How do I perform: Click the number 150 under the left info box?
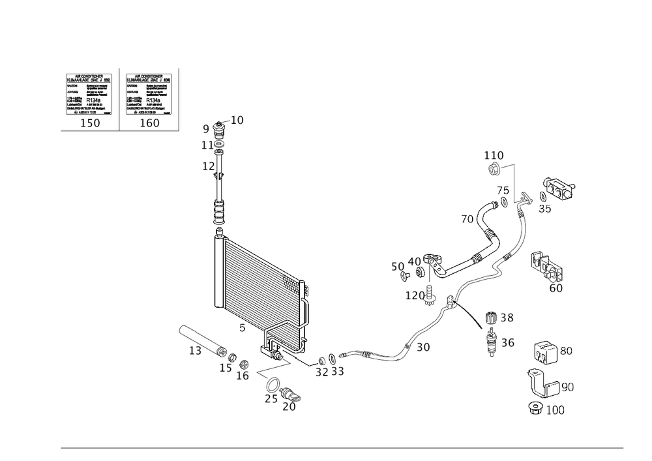[90, 123]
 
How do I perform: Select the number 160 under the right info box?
[149, 123]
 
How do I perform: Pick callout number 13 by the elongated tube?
[194, 351]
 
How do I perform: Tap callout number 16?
[243, 376]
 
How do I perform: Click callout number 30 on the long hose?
[424, 348]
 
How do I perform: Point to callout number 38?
[508, 318]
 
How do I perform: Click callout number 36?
[508, 342]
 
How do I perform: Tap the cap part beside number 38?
[492, 319]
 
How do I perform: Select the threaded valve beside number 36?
[492, 342]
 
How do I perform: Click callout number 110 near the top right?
[494, 155]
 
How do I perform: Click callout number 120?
[413, 296]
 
